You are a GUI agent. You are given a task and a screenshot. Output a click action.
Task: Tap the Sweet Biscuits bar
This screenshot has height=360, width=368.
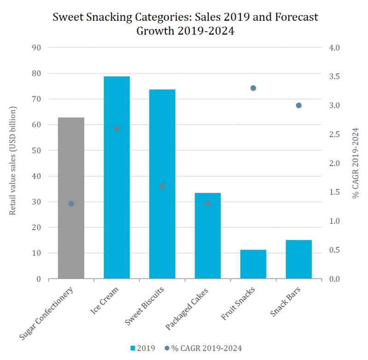162,221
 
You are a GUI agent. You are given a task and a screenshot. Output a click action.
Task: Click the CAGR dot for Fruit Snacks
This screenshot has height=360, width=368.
253,88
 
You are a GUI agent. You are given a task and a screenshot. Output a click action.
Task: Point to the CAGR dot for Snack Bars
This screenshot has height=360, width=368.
299,105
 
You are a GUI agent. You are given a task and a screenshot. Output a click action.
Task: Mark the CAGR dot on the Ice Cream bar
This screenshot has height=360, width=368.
116,128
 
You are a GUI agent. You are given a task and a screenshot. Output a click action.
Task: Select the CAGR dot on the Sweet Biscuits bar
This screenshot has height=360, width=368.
162,186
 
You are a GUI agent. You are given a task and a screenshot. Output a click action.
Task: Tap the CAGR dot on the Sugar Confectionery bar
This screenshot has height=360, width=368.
71,203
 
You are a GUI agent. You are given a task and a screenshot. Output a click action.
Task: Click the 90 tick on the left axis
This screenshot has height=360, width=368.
37,48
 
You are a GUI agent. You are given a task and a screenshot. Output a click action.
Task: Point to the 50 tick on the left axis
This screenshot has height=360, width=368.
37,151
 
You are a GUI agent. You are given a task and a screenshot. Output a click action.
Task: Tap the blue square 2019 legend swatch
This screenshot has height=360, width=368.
134,348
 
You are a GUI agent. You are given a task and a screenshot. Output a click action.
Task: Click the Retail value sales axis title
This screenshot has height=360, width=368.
13,161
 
